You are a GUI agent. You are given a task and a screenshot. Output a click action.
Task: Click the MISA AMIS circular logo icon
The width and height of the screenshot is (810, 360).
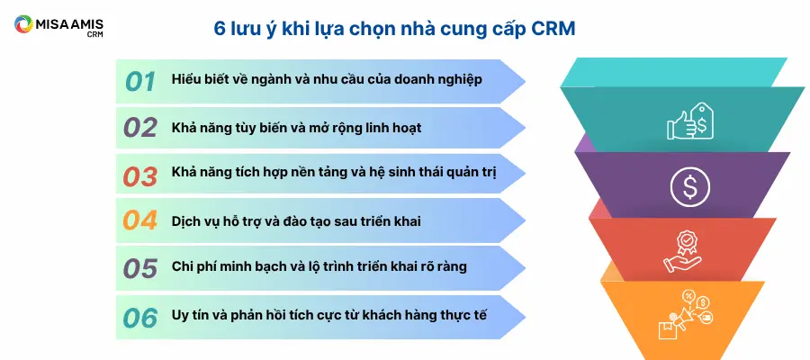click(23, 24)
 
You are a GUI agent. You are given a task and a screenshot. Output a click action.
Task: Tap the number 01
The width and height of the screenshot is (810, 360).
click(140, 82)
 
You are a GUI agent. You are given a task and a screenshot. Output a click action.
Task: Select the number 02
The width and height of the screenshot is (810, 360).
click(140, 128)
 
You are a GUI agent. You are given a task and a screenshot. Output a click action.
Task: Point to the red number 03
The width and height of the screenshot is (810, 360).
click(140, 176)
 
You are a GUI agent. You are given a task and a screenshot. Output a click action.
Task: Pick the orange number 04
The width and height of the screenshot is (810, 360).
click(140, 220)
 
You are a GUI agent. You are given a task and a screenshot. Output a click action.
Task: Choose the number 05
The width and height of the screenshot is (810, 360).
click(140, 268)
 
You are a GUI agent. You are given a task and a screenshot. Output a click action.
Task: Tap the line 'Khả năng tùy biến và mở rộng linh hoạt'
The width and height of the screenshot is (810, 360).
click(296, 128)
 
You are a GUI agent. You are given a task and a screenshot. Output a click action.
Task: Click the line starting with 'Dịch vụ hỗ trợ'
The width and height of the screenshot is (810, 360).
click(296, 221)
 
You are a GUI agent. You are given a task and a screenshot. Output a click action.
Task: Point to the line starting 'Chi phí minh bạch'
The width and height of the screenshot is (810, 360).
click(319, 266)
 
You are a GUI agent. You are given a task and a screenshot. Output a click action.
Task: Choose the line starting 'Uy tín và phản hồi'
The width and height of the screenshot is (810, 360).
click(329, 314)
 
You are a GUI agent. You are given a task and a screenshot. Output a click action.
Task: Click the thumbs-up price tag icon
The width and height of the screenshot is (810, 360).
click(690, 121)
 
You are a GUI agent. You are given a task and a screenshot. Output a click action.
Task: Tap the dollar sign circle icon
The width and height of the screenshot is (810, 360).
click(690, 186)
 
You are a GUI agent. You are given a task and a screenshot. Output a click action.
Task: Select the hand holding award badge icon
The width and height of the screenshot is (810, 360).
click(682, 251)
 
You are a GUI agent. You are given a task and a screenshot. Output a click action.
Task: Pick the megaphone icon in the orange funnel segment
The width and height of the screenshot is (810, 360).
click(686, 314)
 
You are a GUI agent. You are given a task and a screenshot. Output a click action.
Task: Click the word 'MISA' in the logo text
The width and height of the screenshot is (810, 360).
click(50, 23)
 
